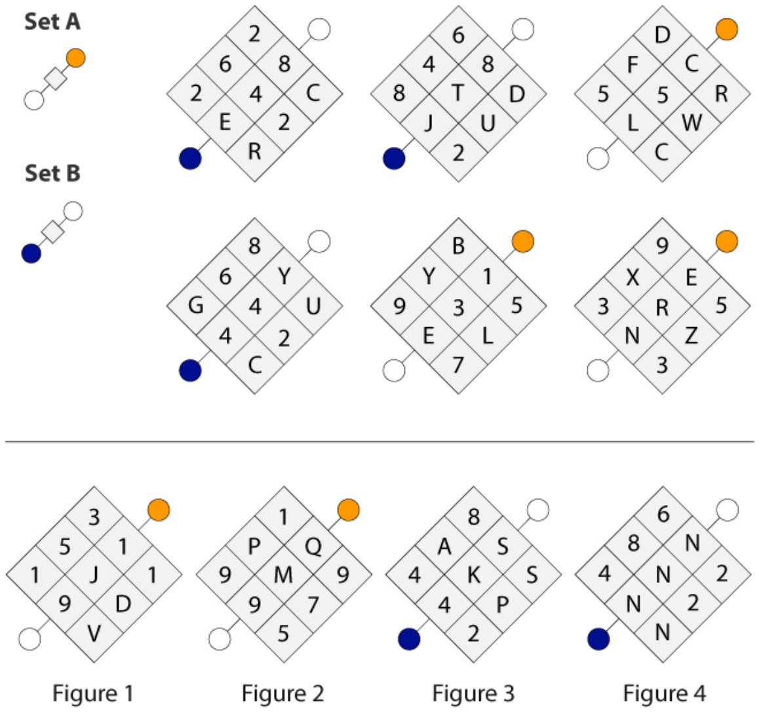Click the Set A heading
tap(52, 22)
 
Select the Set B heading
tap(52, 173)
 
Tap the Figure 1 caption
tap(92, 693)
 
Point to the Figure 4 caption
tap(664, 693)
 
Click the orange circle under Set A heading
tap(76, 58)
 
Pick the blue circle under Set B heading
tap(31, 253)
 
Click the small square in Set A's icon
tap(55, 79)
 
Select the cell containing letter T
tap(458, 93)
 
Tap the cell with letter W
tap(691, 123)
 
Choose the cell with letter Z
tap(691, 335)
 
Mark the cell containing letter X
tap(632, 277)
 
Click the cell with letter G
tap(195, 306)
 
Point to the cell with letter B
tap(458, 247)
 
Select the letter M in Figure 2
tap(284, 575)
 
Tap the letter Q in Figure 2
tap(313, 547)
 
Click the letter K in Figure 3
tap(474, 575)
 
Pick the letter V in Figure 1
tap(94, 633)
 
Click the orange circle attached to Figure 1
tap(159, 510)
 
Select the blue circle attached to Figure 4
tap(598, 639)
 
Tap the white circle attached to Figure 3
tap(537, 510)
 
